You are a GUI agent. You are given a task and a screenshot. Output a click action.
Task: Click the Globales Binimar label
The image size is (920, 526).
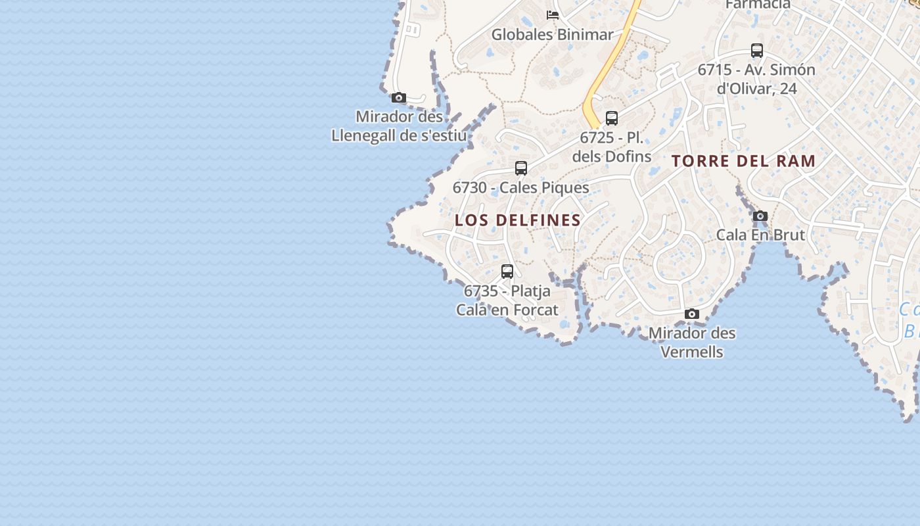(x=552, y=35)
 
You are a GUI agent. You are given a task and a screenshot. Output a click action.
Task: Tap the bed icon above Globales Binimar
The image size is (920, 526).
(x=553, y=14)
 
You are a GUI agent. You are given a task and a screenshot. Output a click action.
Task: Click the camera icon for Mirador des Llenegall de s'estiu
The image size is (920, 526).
(x=398, y=98)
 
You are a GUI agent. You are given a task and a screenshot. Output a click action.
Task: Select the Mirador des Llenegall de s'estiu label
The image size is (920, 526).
(x=399, y=126)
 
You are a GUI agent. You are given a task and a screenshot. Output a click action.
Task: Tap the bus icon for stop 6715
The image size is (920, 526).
(x=757, y=51)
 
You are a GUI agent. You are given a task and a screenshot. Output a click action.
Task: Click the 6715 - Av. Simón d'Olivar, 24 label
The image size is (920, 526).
(x=756, y=79)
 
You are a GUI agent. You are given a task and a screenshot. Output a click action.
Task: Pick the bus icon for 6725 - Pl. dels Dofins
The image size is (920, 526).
(x=612, y=118)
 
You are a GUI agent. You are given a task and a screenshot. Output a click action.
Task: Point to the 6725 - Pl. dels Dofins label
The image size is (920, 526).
(x=612, y=147)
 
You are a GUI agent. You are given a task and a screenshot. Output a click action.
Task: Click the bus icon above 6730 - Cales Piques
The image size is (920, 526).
(x=521, y=168)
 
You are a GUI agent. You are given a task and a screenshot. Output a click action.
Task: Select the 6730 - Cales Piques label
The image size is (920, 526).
(x=521, y=188)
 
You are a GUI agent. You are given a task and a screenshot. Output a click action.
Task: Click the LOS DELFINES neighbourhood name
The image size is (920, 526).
(x=518, y=220)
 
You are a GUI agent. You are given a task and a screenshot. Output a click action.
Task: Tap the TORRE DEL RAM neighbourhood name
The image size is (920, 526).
(x=743, y=161)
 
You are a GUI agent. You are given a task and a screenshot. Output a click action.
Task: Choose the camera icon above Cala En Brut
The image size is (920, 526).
(x=760, y=216)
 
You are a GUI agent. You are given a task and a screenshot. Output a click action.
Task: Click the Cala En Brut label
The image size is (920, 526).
(x=760, y=235)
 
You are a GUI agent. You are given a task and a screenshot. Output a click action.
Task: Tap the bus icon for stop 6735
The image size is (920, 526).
(x=507, y=271)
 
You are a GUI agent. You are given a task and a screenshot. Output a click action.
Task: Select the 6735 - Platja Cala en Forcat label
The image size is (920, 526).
(x=507, y=300)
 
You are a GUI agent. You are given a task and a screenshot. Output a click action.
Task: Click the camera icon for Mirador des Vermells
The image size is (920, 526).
(x=692, y=314)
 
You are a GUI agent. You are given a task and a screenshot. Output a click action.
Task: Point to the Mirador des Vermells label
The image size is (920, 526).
(x=692, y=343)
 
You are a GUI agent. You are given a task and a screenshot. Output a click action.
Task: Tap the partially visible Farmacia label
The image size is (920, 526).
(x=758, y=5)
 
